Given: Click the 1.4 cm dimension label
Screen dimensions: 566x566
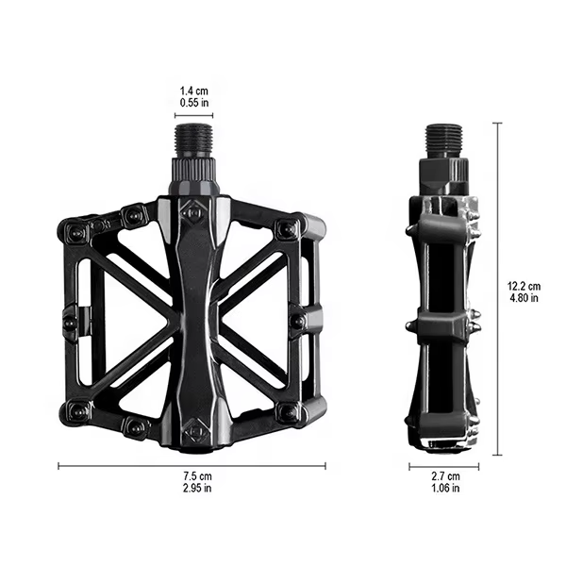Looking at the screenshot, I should click(193, 91).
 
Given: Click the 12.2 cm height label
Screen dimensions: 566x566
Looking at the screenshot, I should click(523, 286).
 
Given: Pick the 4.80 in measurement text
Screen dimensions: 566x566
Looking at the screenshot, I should click(523, 297).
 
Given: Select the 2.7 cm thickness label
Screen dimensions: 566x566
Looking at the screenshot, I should click(443, 476).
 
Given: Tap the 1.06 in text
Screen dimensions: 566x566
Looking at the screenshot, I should click(443, 488).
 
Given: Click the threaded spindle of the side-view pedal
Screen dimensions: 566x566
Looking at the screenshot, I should click(445, 141).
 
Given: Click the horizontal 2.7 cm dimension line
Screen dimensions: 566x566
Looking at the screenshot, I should click(443, 465).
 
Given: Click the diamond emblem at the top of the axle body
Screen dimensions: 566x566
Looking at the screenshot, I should click(193, 212).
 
